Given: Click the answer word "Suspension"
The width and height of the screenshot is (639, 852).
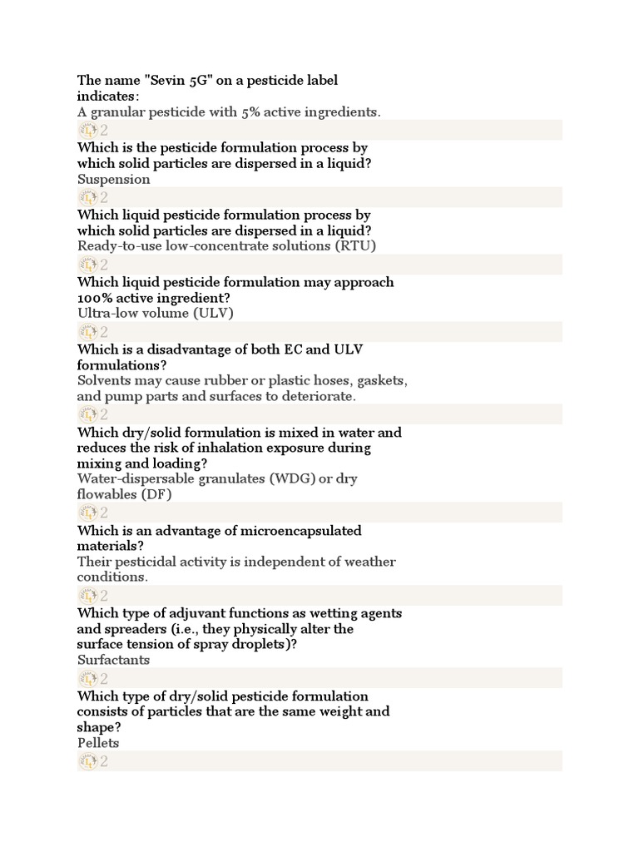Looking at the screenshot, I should tap(114, 179).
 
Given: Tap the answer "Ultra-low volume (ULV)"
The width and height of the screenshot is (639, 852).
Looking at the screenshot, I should tap(156, 313).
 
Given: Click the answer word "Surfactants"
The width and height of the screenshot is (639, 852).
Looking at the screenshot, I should tap(114, 660).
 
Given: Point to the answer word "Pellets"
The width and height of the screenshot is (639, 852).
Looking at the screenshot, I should tap(98, 743).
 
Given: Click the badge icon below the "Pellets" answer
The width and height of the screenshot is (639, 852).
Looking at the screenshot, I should tap(88, 761).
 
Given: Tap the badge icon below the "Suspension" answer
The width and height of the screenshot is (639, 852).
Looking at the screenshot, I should tap(88, 197).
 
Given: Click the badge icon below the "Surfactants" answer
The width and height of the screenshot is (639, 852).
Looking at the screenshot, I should tap(88, 678).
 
